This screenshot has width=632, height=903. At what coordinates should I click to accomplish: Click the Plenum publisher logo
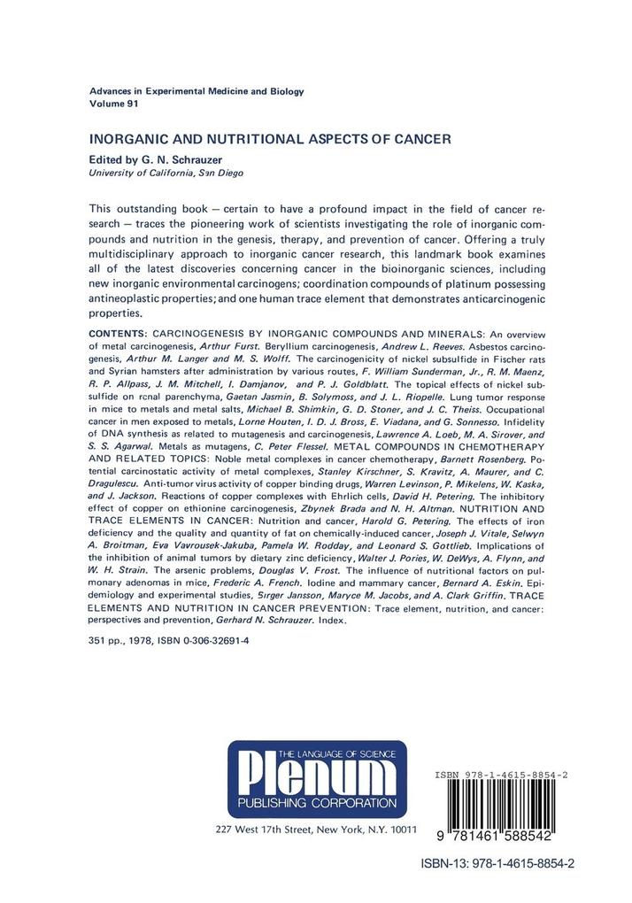pyautogui.click(x=315, y=779)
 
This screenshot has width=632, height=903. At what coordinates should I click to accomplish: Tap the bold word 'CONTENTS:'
pyautogui.click(x=120, y=333)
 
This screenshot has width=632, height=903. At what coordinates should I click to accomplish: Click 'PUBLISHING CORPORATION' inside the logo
pyautogui.click(x=314, y=803)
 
